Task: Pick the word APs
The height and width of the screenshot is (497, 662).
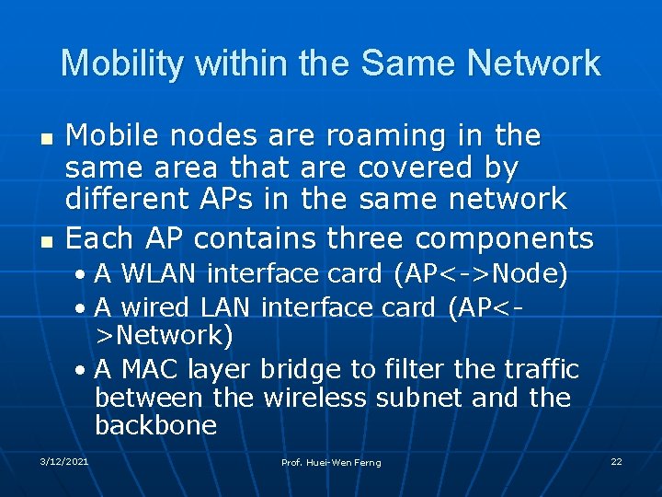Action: point(232,199)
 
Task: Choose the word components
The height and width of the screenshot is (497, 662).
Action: point(504,239)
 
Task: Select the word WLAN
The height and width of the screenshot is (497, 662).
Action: point(158,274)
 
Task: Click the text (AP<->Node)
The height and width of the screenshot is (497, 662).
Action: point(480,274)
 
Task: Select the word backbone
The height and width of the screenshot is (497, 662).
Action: point(155,426)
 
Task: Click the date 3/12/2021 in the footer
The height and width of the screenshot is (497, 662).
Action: point(64,460)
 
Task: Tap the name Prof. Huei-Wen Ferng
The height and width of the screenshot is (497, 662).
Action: point(331,462)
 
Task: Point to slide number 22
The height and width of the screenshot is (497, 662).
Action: point(615,460)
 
